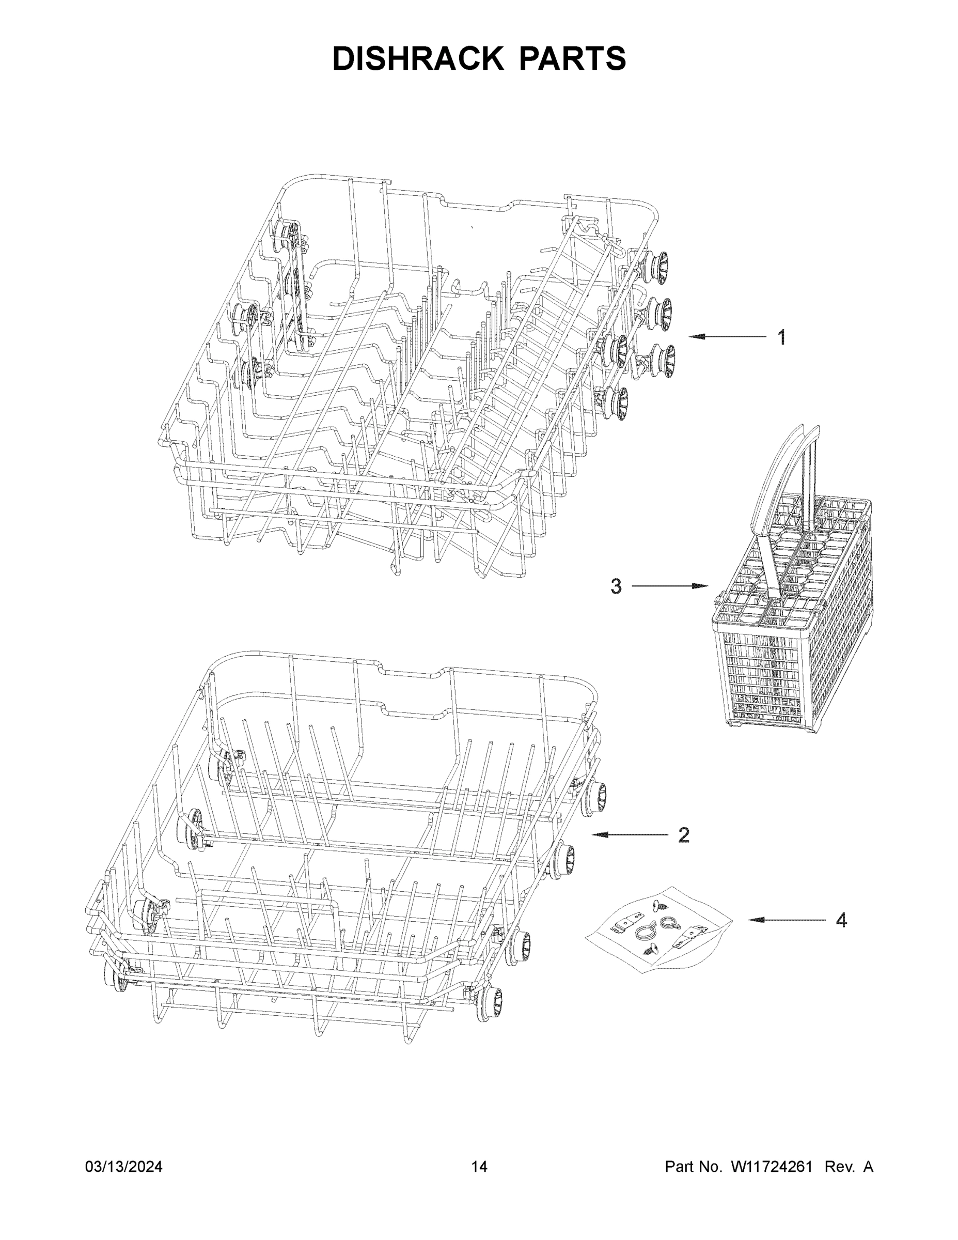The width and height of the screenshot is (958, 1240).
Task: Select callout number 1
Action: pos(781,338)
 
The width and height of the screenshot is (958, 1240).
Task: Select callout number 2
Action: pos(684,834)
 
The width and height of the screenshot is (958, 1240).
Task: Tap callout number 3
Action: pos(616,586)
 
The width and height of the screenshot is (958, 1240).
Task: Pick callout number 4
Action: pos(841,920)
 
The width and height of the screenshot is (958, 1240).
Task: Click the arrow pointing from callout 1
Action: pos(727,337)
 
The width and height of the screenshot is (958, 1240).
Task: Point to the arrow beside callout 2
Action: pos(630,834)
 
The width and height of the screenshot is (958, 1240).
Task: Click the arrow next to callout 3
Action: pos(670,586)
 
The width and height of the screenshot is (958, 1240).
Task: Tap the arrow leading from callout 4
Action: pos(786,920)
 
